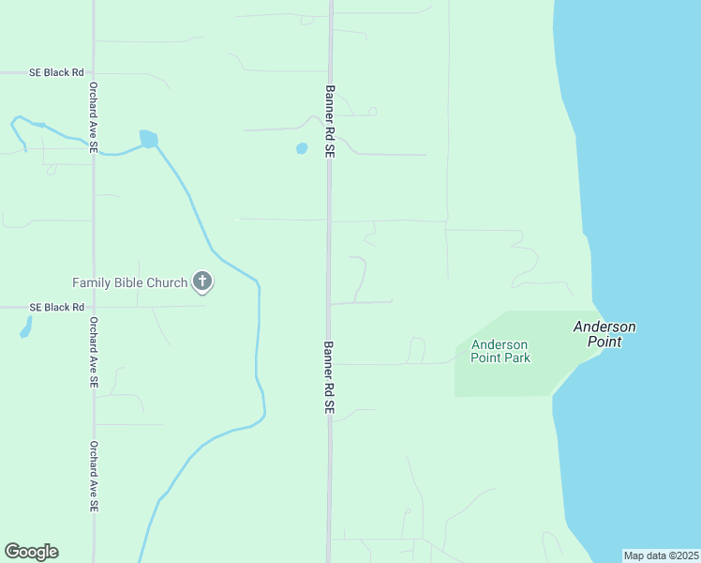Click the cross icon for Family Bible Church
(x=201, y=281)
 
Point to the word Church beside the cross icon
(x=169, y=281)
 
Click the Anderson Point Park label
(x=500, y=351)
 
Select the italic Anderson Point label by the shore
(x=604, y=334)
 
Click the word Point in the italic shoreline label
(x=604, y=342)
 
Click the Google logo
(x=31, y=552)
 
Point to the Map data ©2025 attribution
(x=661, y=555)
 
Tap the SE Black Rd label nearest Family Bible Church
(x=56, y=307)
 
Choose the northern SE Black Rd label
(x=56, y=71)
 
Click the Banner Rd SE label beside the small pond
(x=330, y=121)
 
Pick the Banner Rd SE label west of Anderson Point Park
(x=330, y=377)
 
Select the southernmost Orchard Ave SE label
(x=94, y=477)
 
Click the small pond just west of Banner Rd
(x=302, y=148)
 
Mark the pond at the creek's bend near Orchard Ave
(x=148, y=139)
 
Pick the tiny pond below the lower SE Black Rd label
(x=25, y=327)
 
